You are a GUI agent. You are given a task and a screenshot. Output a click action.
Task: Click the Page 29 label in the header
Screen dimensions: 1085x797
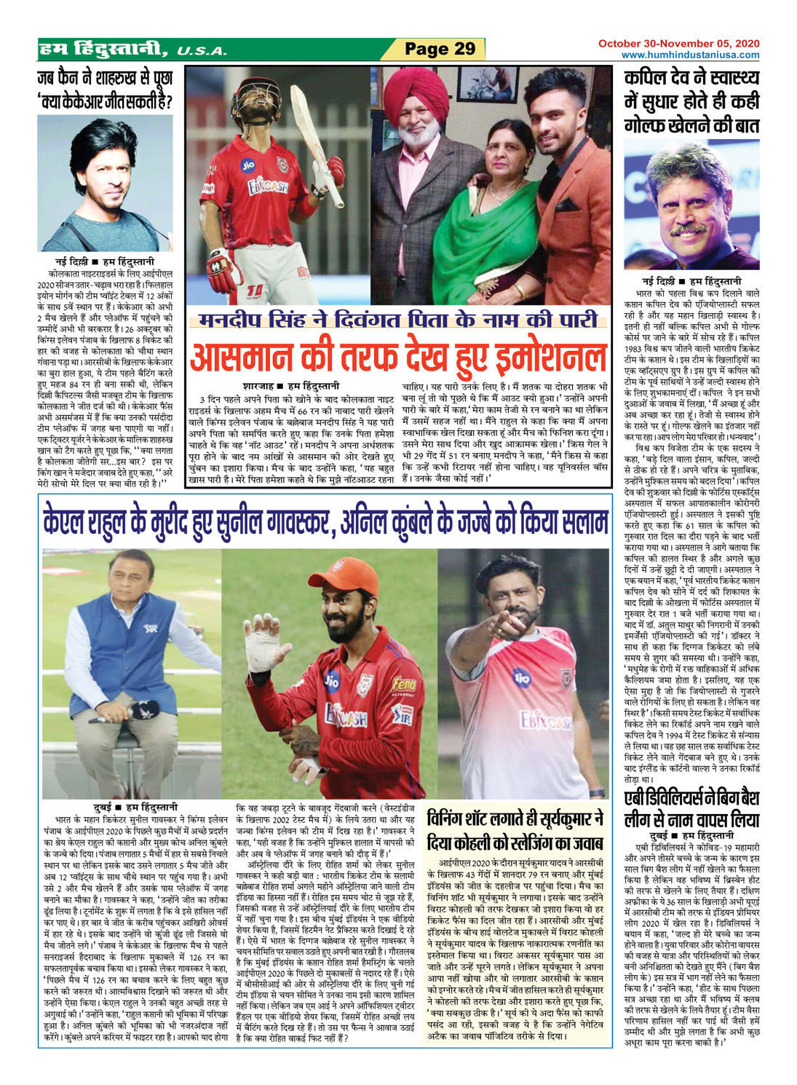point(440,49)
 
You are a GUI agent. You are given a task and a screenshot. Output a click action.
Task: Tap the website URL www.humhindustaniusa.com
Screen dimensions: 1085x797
point(690,55)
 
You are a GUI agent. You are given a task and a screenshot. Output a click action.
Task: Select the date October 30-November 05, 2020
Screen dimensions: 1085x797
point(678,44)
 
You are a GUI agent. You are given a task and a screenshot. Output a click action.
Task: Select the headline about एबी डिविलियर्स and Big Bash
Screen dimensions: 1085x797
point(691,808)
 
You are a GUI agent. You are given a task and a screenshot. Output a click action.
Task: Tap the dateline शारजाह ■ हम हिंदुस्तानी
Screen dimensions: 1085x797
point(290,386)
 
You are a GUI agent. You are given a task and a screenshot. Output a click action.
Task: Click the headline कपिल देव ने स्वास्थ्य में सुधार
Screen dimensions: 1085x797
point(691,100)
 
